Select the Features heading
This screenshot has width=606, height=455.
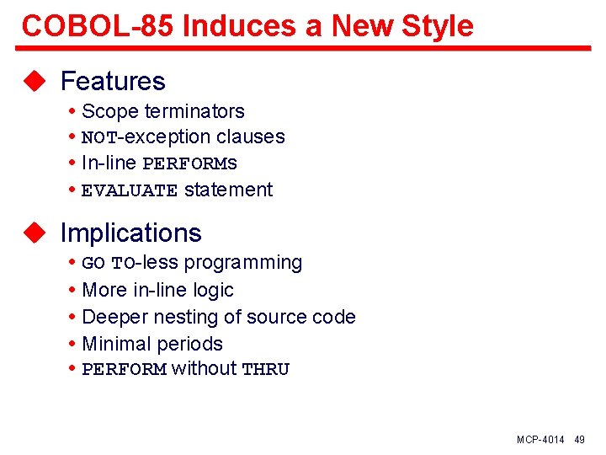(113, 81)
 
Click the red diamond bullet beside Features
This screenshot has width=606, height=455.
(33, 81)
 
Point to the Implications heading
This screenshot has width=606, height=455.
(131, 233)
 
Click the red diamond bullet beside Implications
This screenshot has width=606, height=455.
(33, 233)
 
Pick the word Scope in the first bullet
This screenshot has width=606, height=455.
(110, 111)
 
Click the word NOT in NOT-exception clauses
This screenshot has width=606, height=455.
(99, 137)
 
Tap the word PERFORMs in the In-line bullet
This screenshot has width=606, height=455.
(190, 163)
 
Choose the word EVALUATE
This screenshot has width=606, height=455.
(130, 190)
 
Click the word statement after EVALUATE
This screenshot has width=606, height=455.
(228, 190)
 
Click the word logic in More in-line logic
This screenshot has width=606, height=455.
(214, 290)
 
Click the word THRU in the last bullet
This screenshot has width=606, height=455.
(265, 370)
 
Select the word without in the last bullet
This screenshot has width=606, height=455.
(204, 368)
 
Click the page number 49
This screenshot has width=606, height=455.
(579, 440)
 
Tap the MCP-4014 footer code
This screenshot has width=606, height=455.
(540, 440)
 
